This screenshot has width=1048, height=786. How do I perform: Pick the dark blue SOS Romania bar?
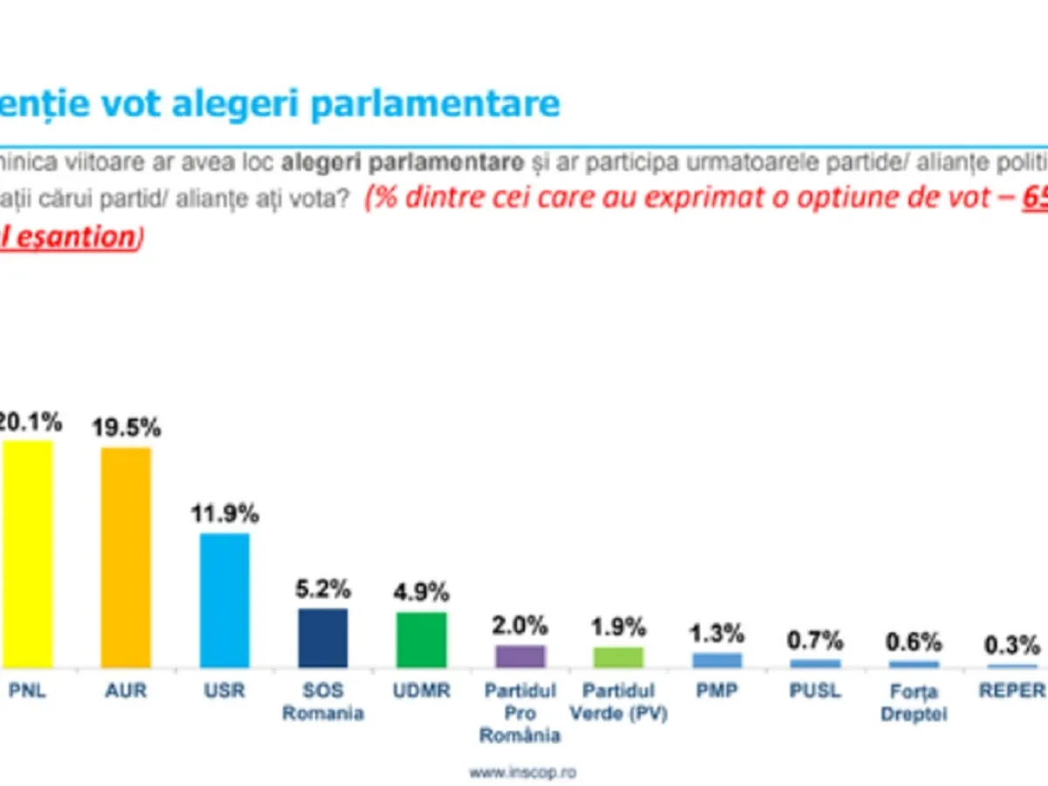click(323, 638)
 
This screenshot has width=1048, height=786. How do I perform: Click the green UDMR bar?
click(422, 639)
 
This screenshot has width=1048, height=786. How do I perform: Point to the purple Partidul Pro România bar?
click(521, 656)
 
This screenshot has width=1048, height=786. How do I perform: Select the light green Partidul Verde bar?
click(618, 657)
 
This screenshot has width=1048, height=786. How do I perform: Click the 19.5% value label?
click(128, 428)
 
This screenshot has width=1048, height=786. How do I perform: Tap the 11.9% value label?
click(225, 514)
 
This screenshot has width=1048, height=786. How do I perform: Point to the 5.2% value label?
click(324, 589)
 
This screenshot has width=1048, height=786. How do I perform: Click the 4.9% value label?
click(422, 592)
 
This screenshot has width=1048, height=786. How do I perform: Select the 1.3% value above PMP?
click(717, 633)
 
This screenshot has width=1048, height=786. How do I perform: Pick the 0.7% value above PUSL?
click(816, 640)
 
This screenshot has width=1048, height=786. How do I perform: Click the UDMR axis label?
click(422, 691)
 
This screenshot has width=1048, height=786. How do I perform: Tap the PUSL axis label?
click(816, 691)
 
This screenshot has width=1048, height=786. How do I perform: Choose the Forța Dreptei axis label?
click(914, 702)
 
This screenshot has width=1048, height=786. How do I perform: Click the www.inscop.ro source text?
click(523, 772)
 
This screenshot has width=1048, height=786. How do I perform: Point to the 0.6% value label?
click(914, 642)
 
